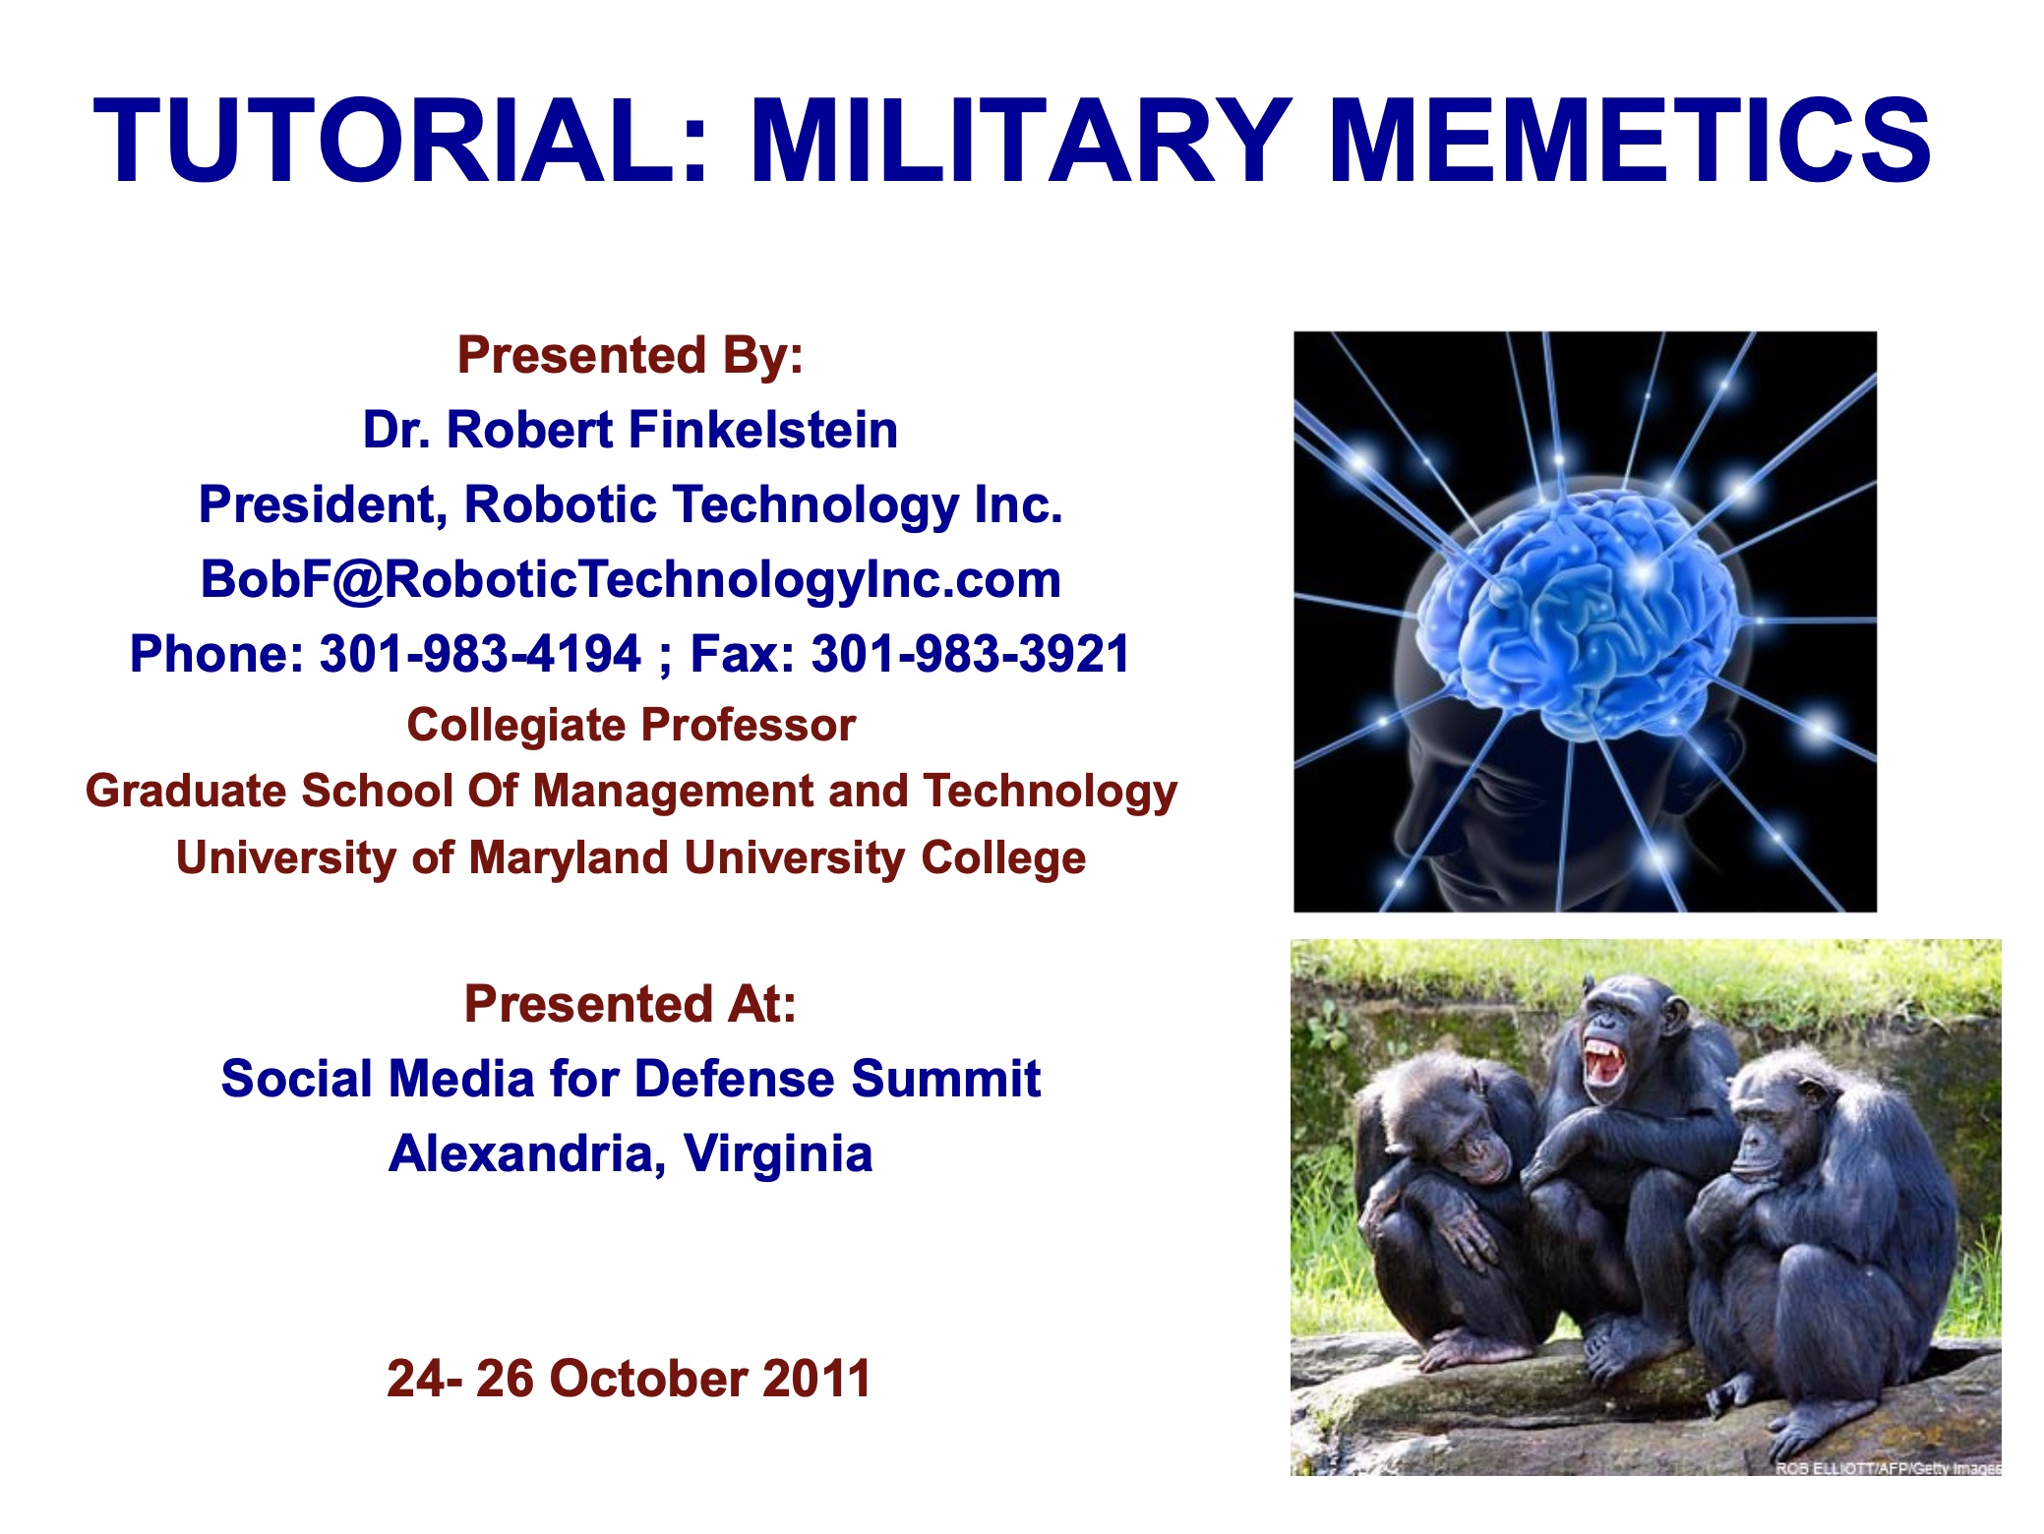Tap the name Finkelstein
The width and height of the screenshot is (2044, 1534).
(763, 430)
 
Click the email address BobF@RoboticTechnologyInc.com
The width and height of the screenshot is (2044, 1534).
(631, 579)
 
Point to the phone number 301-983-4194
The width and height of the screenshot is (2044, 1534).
(480, 654)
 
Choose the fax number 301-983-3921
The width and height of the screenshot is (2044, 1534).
(971, 654)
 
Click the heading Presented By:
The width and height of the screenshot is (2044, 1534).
(631, 355)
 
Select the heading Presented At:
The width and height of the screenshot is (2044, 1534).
(631, 1004)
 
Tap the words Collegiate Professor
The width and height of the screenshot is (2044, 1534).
(631, 726)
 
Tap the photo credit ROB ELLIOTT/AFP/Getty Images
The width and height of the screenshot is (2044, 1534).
(1888, 1468)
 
